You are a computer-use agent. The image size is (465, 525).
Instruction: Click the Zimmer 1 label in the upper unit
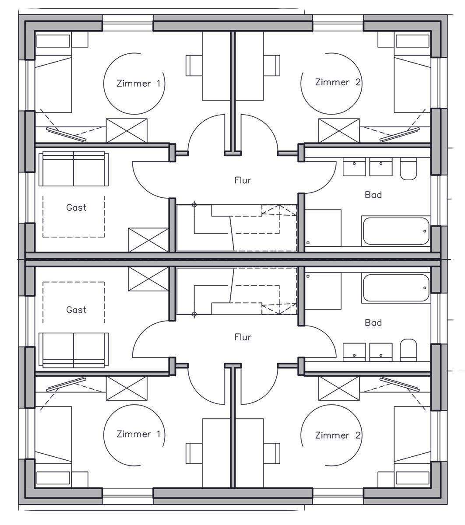click(138, 84)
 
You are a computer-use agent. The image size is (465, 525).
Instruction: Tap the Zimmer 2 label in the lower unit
click(338, 435)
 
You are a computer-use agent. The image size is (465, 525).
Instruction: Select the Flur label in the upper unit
click(243, 180)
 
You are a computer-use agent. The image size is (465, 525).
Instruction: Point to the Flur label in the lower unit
click(243, 337)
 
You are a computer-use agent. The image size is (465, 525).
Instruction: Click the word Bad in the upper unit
click(373, 195)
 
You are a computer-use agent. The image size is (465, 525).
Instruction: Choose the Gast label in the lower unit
click(76, 310)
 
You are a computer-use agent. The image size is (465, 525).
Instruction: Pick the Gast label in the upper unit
click(76, 207)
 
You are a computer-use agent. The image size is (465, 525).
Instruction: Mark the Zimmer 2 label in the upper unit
click(338, 82)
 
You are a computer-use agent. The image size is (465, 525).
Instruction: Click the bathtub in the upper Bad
click(396, 231)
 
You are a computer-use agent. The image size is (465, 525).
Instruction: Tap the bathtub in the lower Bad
click(396, 288)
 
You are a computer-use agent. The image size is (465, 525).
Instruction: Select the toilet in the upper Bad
click(409, 169)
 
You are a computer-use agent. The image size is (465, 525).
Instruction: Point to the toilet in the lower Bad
click(409, 350)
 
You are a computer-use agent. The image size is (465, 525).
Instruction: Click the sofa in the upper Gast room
click(74, 169)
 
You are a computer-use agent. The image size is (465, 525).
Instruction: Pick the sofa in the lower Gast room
click(74, 350)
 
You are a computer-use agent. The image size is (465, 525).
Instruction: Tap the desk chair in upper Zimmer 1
click(194, 66)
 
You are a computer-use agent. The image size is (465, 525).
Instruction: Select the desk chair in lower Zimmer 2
click(272, 453)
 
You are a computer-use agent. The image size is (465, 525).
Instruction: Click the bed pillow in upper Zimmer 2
click(412, 41)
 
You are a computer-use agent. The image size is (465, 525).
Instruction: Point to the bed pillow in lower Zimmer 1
click(53, 478)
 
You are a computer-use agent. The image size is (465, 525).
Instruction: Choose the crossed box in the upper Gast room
click(148, 240)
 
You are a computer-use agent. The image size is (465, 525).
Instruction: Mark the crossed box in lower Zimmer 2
click(339, 388)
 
